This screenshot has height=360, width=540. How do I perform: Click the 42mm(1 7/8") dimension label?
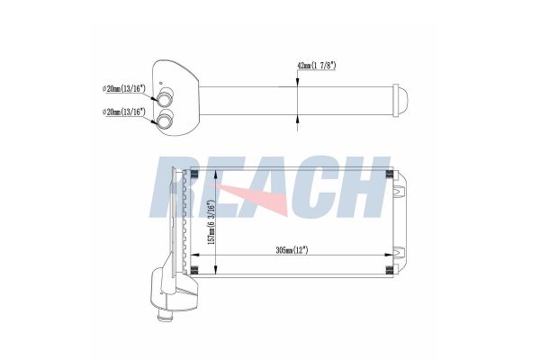(x=316, y=66)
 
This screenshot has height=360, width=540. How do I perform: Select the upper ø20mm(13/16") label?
(x=124, y=88)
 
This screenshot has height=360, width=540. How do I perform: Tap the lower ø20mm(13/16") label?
(x=124, y=112)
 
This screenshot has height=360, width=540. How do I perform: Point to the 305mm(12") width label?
(x=292, y=250)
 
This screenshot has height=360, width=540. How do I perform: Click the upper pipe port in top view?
(x=165, y=96)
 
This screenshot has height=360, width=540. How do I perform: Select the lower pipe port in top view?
(x=165, y=119)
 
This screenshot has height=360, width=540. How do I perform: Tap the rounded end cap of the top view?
(x=400, y=102)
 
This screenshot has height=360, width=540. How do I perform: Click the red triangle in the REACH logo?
(x=254, y=198)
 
